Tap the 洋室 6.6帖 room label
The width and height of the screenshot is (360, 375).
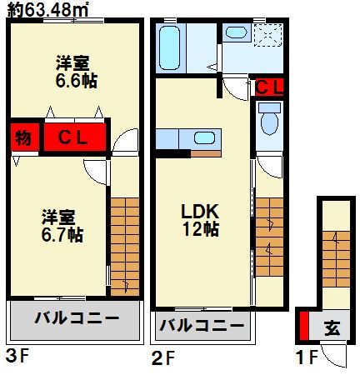click(72, 73)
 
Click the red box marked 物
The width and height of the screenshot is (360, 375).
click(22, 137)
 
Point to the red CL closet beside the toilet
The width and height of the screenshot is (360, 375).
click(268, 86)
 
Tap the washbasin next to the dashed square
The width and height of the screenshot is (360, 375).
click(236, 34)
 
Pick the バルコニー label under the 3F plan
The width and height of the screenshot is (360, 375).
click(76, 319)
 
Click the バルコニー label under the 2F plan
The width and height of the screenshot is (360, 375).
click(201, 325)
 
